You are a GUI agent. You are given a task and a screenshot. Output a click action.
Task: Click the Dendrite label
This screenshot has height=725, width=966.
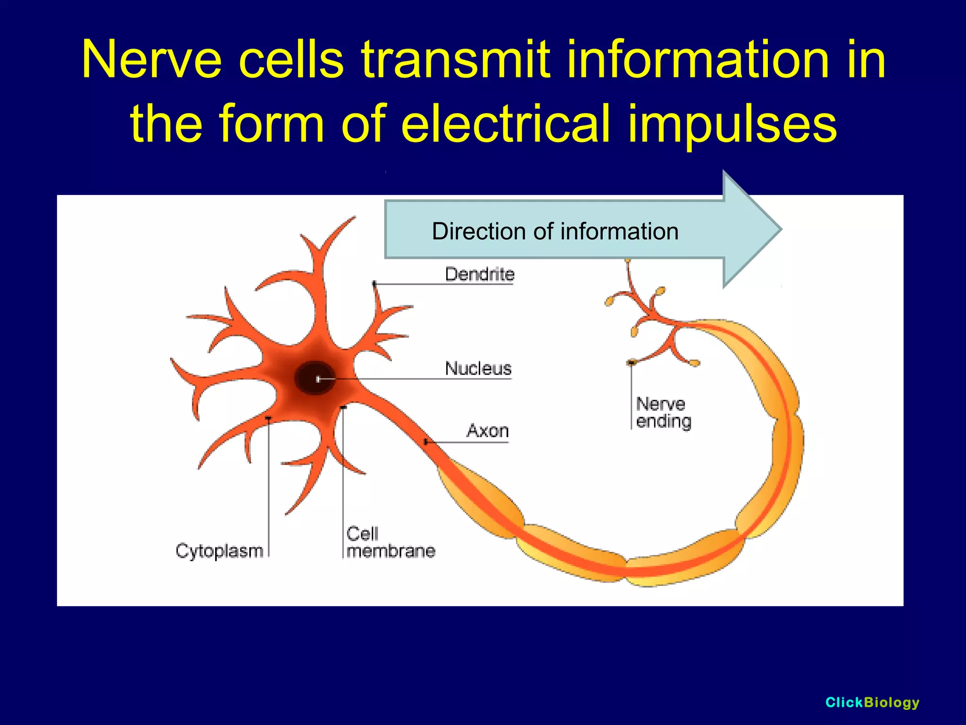tap(479, 274)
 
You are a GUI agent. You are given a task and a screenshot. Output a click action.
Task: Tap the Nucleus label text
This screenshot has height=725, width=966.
tap(478, 368)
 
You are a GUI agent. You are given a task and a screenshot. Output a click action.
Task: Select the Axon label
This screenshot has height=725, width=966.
tap(487, 430)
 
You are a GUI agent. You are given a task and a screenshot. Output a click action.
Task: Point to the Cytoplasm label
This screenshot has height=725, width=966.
tap(219, 551)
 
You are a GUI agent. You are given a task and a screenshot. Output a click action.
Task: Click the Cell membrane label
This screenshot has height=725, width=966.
tap(390, 542)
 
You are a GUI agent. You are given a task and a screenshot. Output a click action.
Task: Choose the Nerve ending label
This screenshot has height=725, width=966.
tap(663, 413)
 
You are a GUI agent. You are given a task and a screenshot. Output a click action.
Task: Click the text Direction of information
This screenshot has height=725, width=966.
tap(555, 231)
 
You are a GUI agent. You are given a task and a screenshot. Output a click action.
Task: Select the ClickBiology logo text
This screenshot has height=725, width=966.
tap(872, 702)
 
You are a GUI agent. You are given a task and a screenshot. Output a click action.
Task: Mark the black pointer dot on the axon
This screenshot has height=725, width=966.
tap(426, 442)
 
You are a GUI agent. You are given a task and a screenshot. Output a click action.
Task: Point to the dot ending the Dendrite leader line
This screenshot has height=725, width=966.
tap(374, 284)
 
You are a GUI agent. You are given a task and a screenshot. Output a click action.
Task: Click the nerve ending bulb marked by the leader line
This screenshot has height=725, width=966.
tap(631, 362)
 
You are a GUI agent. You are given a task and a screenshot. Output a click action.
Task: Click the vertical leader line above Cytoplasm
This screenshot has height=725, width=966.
tap(269, 486)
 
